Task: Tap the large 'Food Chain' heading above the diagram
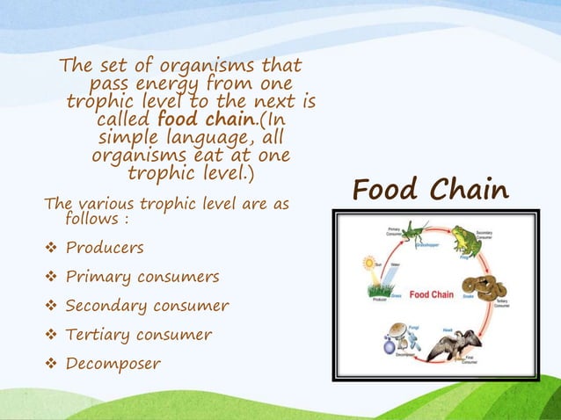click(x=430, y=189)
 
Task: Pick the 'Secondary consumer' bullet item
click(x=147, y=306)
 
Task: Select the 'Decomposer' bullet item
click(x=113, y=364)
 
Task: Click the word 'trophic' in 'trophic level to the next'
click(x=97, y=102)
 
